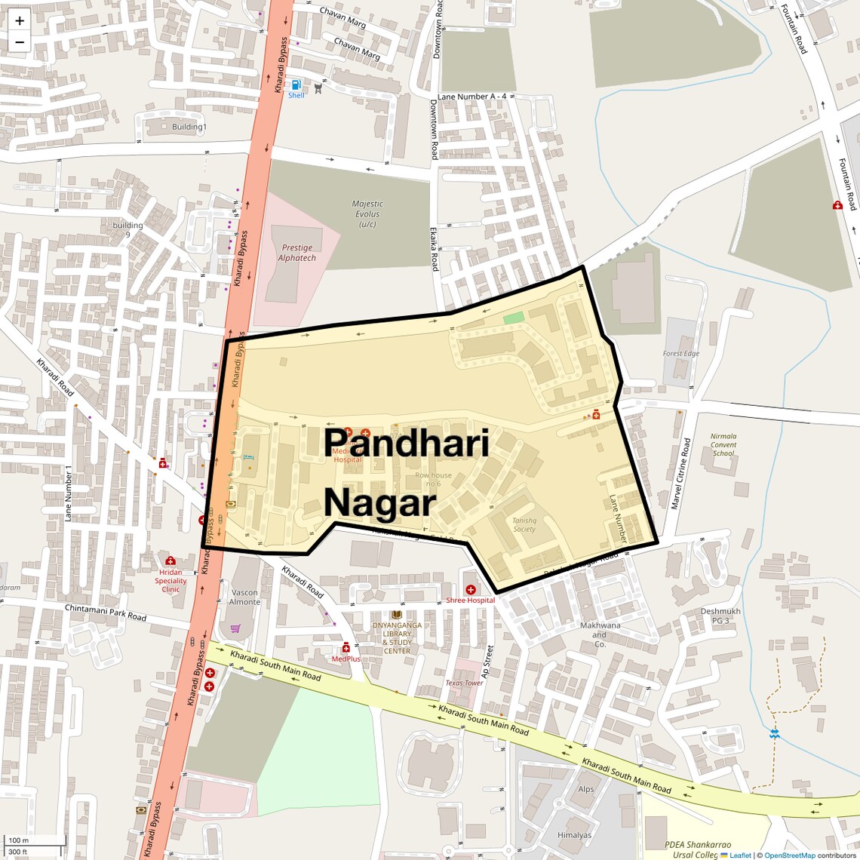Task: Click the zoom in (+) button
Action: pos(20,21)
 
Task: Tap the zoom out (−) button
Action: pos(20,42)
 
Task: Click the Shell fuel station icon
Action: pos(296,84)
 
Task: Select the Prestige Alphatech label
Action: pos(297,253)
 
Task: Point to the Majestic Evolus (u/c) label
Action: pos(367,213)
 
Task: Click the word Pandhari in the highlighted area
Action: pos(407,444)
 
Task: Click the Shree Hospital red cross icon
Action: pos(471,589)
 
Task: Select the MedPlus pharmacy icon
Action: pos(346,647)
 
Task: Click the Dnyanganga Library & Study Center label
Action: pos(397,638)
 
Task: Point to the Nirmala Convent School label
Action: pos(723,444)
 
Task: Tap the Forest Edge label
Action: pos(681,353)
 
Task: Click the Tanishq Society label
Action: pos(524,524)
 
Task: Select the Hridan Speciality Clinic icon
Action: pos(170,561)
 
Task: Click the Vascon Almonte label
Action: pos(244,597)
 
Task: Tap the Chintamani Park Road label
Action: pos(106,613)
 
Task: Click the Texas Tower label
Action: pos(464,683)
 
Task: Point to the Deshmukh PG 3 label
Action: pos(720,616)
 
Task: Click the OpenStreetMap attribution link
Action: pos(789,855)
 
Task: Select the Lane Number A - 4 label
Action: pos(472,97)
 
